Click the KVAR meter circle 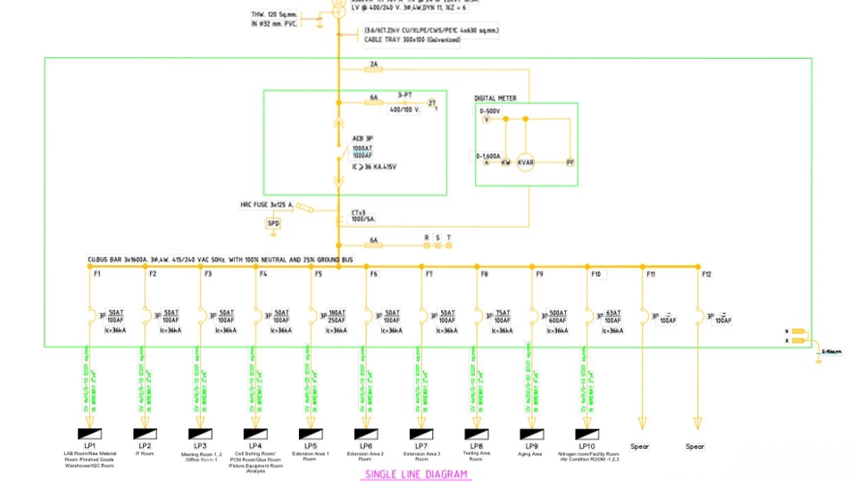pos(525,162)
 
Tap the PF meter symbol pos(570,162)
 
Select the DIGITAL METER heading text pos(495,98)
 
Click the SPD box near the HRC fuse pos(273,223)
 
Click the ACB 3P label pos(362,138)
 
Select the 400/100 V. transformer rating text pos(405,110)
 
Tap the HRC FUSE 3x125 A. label pos(267,204)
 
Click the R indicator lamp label pos(427,237)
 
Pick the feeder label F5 pos(318,274)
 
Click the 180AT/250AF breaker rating pos(337,317)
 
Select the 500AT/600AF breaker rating pos(557,317)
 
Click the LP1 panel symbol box pos(89,434)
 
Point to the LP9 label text pos(531,445)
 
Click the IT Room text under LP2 pos(145,454)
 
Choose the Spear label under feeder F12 pos(695,446)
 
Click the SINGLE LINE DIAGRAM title pos(415,475)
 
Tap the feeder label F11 pos(651,274)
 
